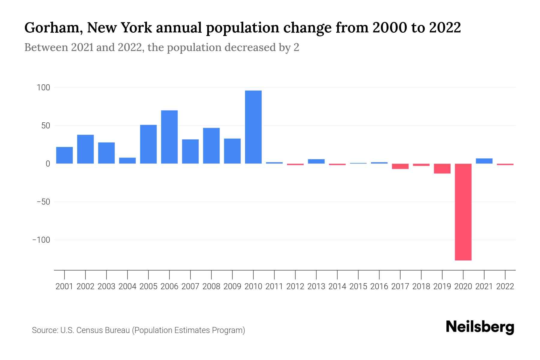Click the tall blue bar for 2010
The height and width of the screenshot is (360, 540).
(x=253, y=127)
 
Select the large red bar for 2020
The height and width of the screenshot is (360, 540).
(x=463, y=212)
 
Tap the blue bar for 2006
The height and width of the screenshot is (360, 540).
(x=169, y=137)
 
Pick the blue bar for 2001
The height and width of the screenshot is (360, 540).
(x=64, y=155)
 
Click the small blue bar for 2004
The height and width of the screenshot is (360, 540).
(x=127, y=160)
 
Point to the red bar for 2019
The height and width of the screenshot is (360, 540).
(x=442, y=169)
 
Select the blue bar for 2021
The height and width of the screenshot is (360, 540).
(x=484, y=161)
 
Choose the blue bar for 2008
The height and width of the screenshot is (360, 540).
(x=211, y=145)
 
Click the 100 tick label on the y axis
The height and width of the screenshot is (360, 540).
(x=43, y=88)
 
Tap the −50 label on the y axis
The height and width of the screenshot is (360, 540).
(x=43, y=202)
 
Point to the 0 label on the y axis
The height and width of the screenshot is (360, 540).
(x=48, y=164)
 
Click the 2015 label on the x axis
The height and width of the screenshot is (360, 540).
(x=358, y=286)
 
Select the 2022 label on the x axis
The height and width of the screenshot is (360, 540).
(x=505, y=286)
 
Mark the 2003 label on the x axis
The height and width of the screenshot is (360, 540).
(x=106, y=286)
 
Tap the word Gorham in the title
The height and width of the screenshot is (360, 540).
(x=53, y=28)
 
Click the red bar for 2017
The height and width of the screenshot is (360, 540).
(x=400, y=166)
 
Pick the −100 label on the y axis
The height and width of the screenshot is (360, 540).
(x=41, y=240)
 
